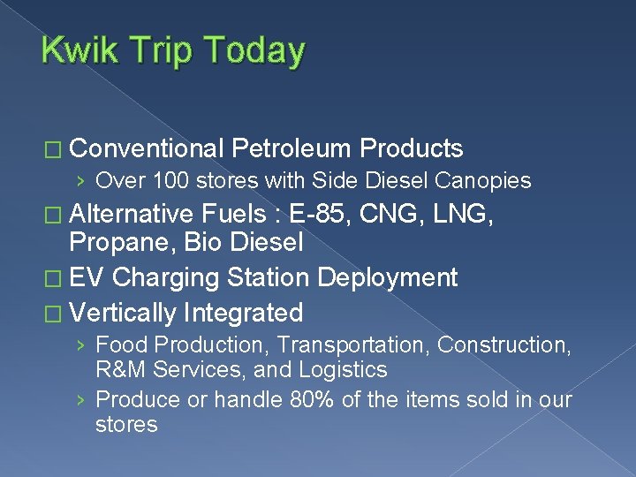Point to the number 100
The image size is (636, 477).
170,181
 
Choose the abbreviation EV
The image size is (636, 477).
87,277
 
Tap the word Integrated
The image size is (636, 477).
244,313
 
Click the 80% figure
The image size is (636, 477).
313,400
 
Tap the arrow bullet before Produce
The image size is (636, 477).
80,401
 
